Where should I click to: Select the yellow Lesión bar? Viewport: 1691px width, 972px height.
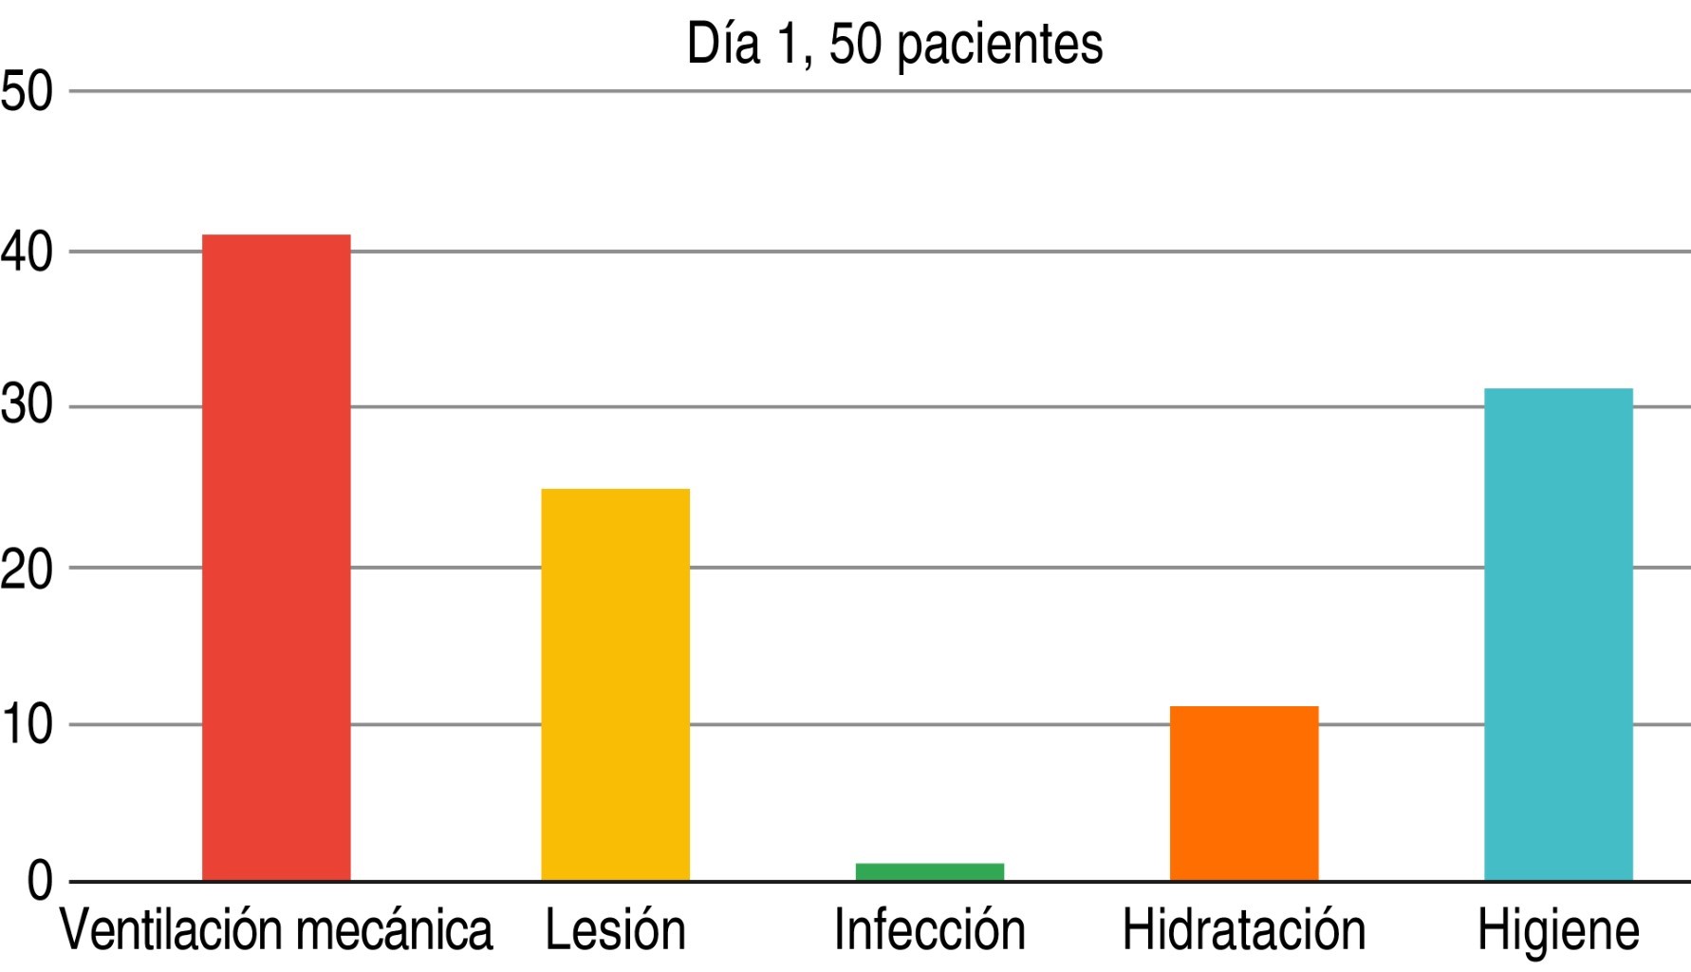click(x=615, y=684)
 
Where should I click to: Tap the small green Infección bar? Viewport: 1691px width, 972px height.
click(x=929, y=871)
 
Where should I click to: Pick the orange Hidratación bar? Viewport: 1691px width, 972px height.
click(x=1243, y=793)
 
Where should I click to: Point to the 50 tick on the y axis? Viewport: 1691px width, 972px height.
click(x=27, y=93)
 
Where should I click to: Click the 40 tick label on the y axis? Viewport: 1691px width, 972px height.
click(x=27, y=253)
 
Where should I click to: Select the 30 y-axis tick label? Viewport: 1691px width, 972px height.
click(x=27, y=408)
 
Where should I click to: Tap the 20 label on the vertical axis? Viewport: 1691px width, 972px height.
click(x=27, y=570)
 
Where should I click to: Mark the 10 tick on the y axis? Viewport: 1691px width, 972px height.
click(x=27, y=726)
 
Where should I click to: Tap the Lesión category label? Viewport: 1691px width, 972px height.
click(x=615, y=930)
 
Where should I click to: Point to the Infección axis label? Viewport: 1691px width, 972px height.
click(x=929, y=930)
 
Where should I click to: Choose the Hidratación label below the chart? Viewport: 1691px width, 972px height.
click(x=1243, y=930)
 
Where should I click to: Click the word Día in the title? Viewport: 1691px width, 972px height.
click(x=723, y=43)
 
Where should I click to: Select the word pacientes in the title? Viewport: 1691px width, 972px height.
click(x=999, y=45)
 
